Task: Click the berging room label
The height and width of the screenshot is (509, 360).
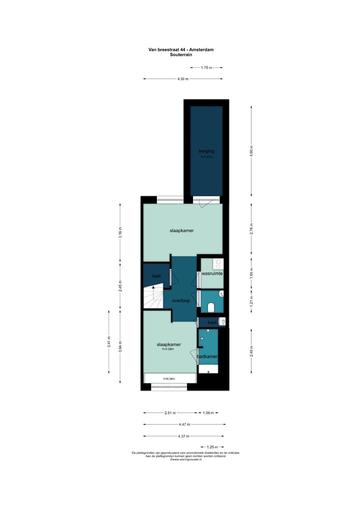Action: [x=206, y=151]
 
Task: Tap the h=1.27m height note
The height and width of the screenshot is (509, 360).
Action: [x=207, y=157]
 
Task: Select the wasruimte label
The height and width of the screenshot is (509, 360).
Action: [x=212, y=274]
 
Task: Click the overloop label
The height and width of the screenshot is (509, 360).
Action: [x=181, y=301]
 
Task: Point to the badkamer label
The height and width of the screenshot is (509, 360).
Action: [x=207, y=357]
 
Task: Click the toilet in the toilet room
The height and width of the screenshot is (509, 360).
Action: [x=211, y=308]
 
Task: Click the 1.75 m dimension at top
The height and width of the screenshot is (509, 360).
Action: [x=206, y=67]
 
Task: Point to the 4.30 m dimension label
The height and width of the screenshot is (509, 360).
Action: [x=183, y=79]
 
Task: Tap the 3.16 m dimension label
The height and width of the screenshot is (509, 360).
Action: [x=120, y=232]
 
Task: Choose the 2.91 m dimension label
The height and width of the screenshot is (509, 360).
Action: [x=170, y=413]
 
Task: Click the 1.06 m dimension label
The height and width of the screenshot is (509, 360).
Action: [x=208, y=413]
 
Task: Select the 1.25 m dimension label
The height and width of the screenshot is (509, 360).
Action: [x=212, y=447]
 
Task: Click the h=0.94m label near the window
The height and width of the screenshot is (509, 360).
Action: [x=169, y=379]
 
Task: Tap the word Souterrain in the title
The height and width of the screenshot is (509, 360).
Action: [x=181, y=55]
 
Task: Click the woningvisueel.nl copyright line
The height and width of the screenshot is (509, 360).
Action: [x=186, y=459]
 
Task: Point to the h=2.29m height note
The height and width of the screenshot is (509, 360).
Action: [x=168, y=349]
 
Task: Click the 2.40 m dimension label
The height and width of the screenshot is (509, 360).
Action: [x=251, y=351]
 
